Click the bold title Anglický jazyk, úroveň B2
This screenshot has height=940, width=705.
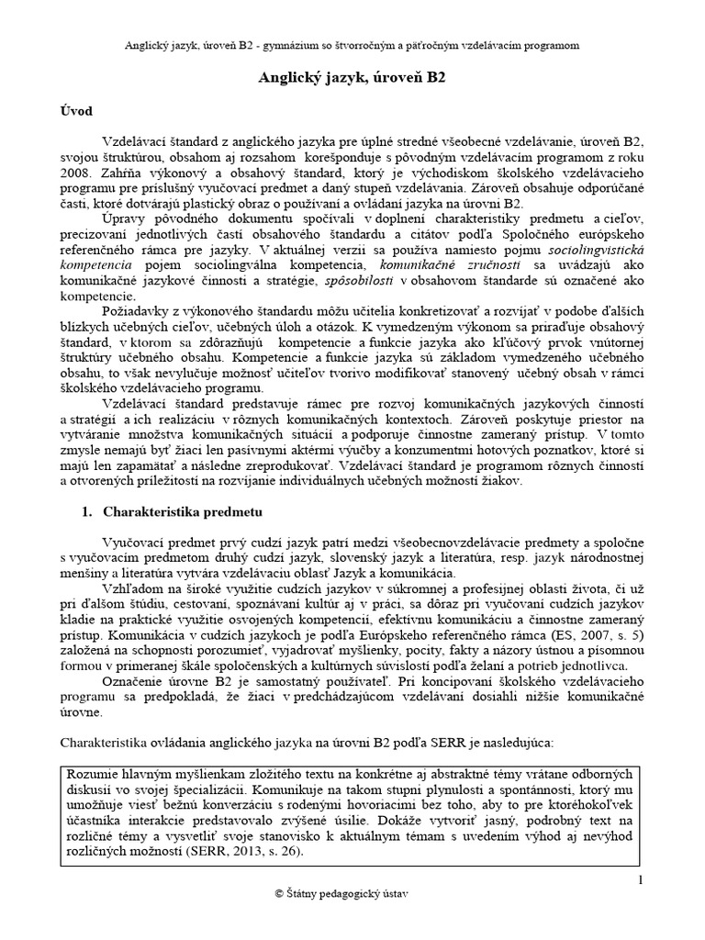352,79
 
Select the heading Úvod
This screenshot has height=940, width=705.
76,112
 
